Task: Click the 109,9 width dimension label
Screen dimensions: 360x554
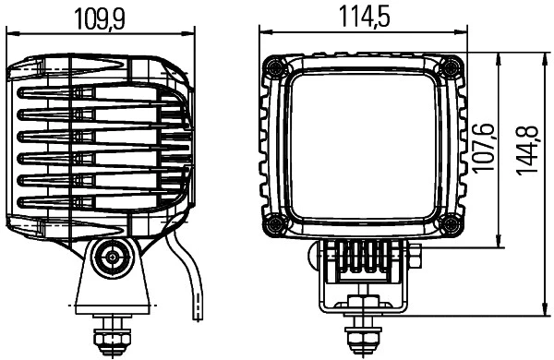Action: (x=101, y=18)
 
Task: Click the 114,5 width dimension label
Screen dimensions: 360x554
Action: (x=364, y=18)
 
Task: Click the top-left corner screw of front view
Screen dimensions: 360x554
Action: (x=274, y=66)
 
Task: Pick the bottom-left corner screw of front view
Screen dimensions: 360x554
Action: (x=274, y=224)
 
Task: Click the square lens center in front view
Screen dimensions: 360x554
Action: (x=362, y=145)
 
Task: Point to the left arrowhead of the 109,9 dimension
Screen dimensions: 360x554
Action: (x=12, y=34)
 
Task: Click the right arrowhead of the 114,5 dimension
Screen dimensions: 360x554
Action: (x=462, y=34)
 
